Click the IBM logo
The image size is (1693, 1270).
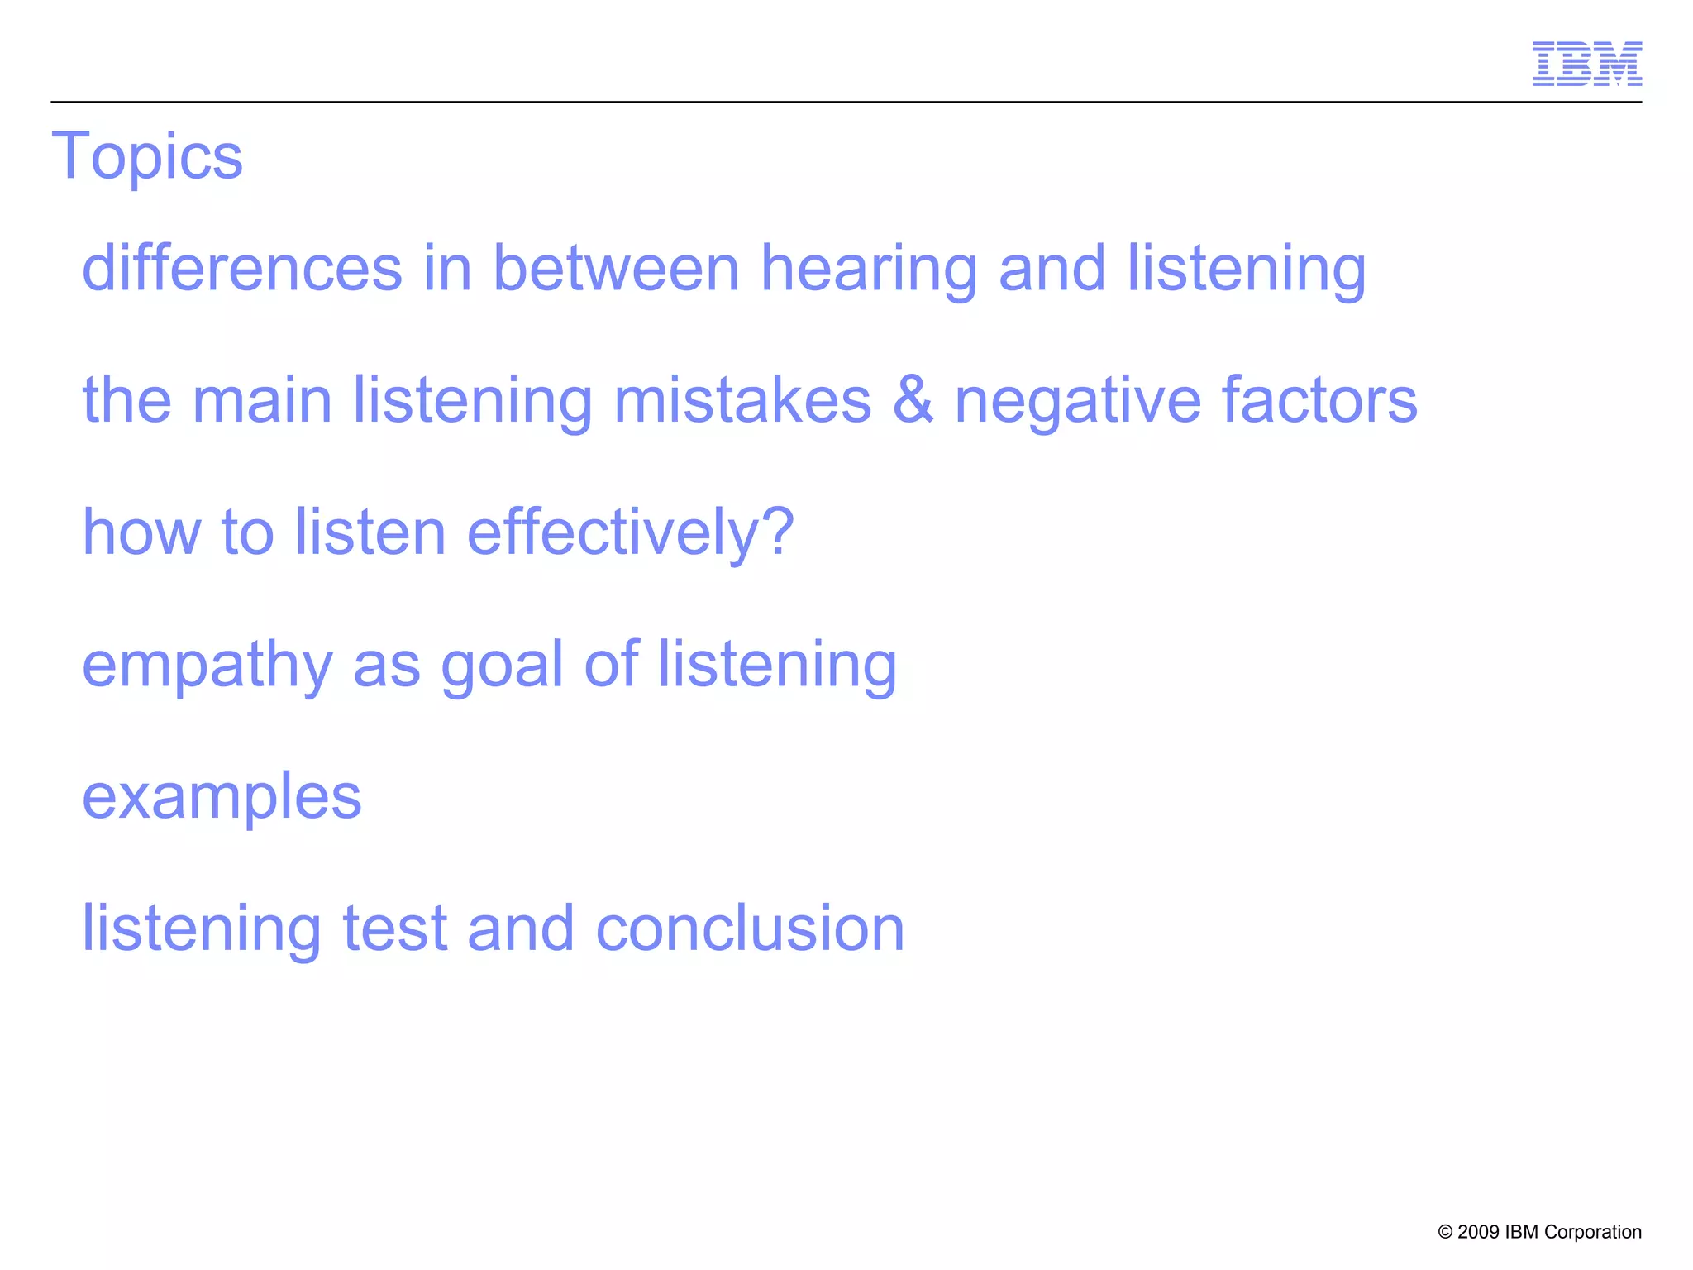[x=1586, y=64]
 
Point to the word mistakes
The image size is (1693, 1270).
[x=742, y=400]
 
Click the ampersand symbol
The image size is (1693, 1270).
[x=913, y=400]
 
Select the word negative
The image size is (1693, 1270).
[x=1077, y=402]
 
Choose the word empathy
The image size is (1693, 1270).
[x=207, y=666]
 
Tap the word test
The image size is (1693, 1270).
[x=393, y=929]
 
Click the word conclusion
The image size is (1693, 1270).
[x=750, y=929]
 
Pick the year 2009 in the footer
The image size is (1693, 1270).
[x=1478, y=1232]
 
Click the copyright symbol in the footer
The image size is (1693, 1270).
[x=1445, y=1233]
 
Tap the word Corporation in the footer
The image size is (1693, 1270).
[x=1592, y=1233]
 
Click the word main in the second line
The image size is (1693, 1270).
[x=262, y=400]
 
